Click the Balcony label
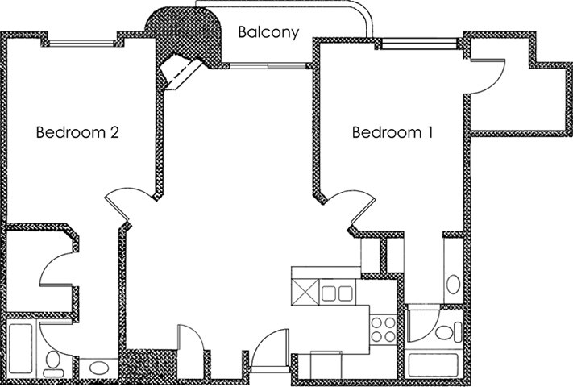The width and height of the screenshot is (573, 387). (268, 33)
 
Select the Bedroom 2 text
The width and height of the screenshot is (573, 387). (77, 132)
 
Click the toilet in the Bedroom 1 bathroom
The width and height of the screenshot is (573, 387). (442, 331)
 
